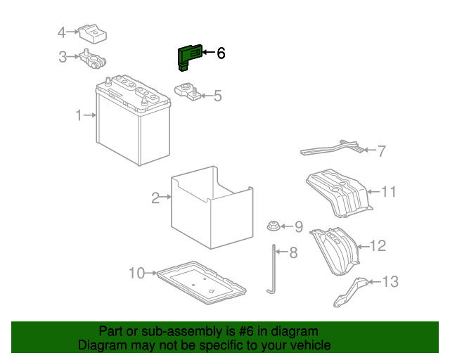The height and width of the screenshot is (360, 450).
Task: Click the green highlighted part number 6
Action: click(188, 57)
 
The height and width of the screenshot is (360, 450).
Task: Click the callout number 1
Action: click(79, 115)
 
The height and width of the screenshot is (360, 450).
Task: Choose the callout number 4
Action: click(62, 32)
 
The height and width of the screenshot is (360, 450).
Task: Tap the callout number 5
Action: click(217, 96)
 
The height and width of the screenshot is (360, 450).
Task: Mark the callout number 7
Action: click(382, 150)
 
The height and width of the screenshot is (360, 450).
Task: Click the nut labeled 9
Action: click(272, 226)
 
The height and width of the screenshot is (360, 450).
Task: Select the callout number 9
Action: click(298, 226)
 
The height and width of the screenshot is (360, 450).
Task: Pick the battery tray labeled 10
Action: click(200, 282)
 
